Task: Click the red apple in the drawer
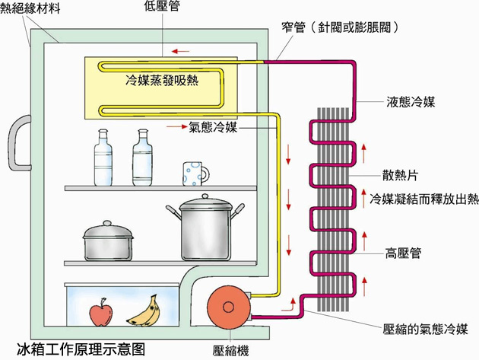100,311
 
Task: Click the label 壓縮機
229,351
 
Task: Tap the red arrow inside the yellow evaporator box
181,51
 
